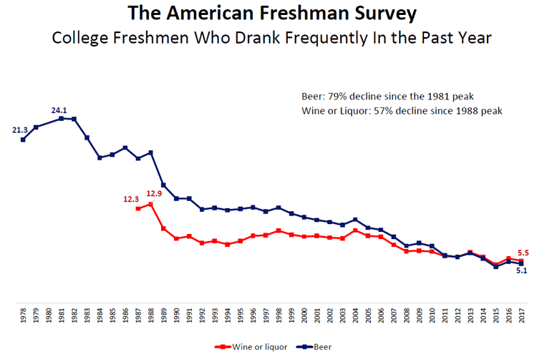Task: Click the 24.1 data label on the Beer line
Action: (x=60, y=110)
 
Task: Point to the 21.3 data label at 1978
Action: (x=20, y=130)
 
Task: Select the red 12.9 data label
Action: (x=155, y=193)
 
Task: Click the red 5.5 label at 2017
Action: (x=523, y=253)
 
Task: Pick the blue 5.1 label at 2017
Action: (x=522, y=271)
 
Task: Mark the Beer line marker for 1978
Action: (x=23, y=140)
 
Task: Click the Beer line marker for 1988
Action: (x=150, y=152)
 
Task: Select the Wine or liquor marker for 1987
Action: (x=138, y=208)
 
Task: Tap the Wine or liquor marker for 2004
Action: (x=355, y=230)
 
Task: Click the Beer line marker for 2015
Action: (x=495, y=267)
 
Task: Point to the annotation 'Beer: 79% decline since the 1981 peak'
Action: (x=388, y=96)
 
